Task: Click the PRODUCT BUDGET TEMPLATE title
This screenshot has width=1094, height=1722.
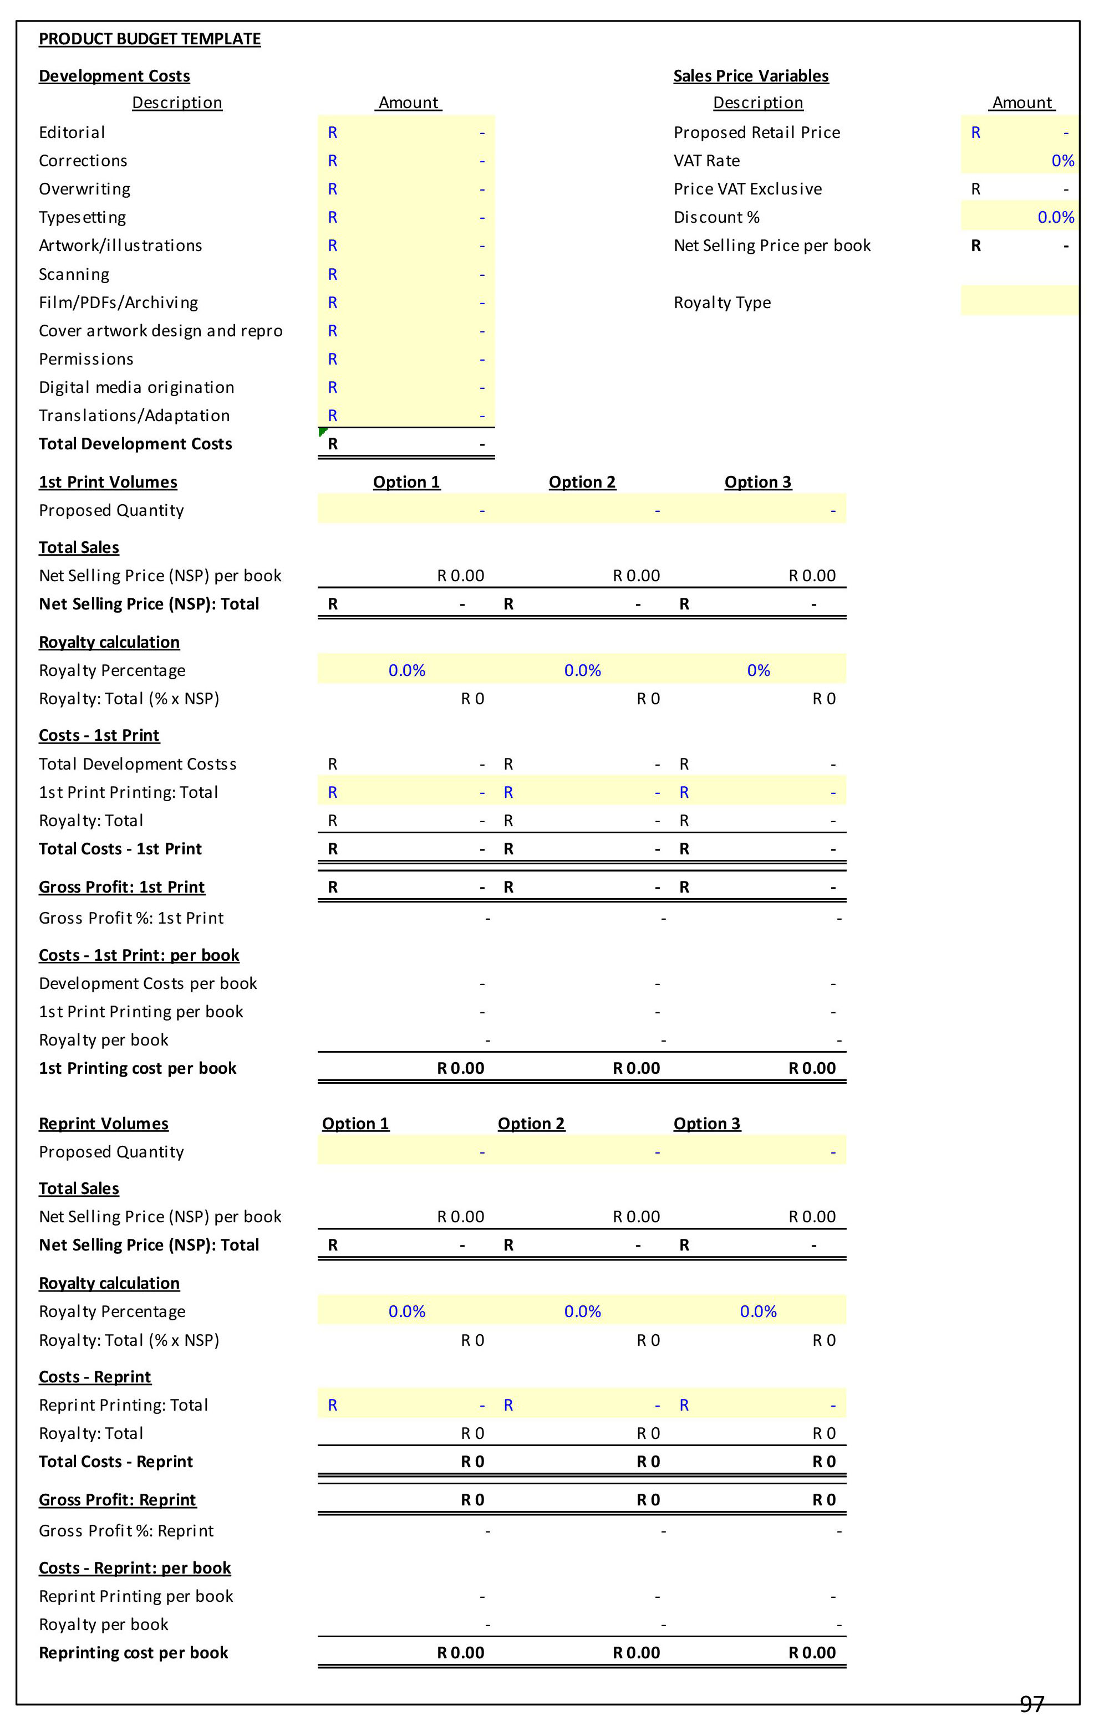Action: [x=150, y=39]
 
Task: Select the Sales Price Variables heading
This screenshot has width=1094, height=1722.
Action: [x=751, y=76]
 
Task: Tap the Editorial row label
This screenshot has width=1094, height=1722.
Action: [x=72, y=132]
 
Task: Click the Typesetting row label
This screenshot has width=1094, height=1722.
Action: [x=82, y=217]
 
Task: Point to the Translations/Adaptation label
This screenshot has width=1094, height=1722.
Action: [x=134, y=416]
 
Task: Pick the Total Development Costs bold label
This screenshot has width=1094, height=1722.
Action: [x=135, y=444]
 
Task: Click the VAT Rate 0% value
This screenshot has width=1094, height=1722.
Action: [x=1062, y=161]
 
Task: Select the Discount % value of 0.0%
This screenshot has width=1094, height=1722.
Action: [x=1055, y=217]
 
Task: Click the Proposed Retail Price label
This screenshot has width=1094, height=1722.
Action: [x=756, y=132]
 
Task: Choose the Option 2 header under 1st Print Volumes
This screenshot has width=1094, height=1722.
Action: [x=582, y=482]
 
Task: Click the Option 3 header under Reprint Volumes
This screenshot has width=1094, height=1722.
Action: [x=706, y=1124]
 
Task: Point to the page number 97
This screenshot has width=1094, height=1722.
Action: [x=1031, y=1704]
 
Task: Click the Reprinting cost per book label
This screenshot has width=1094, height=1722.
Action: [x=133, y=1653]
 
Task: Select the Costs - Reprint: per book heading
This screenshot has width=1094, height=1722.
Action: [x=135, y=1567]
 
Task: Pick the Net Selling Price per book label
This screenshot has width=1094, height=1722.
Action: [x=772, y=245]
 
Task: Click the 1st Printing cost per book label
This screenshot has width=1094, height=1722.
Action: [x=138, y=1068]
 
